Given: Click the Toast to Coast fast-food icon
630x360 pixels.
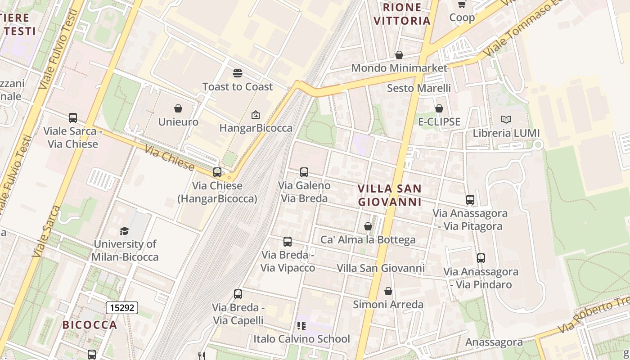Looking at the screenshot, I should pyautogui.click(x=238, y=73).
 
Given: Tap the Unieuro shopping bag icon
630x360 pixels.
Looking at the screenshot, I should pyautogui.click(x=178, y=108).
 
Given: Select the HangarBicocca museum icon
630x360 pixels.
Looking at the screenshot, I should pyautogui.click(x=256, y=115).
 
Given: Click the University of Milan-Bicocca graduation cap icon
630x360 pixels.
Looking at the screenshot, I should pyautogui.click(x=124, y=231).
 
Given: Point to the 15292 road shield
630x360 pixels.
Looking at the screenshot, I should pyautogui.click(x=121, y=308).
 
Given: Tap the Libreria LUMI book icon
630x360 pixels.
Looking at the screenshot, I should pyautogui.click(x=506, y=120).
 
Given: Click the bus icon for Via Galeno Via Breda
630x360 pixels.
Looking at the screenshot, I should pyautogui.click(x=304, y=172).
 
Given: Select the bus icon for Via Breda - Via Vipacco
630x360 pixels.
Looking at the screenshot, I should pyautogui.click(x=288, y=242).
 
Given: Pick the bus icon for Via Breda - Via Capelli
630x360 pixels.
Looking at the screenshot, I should pyautogui.click(x=238, y=294).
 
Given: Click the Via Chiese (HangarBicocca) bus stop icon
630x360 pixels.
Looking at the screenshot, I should pyautogui.click(x=217, y=172).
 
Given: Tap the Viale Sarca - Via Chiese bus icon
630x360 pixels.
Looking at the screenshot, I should pyautogui.click(x=73, y=118).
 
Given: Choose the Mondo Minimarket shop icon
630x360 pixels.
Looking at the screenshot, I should pyautogui.click(x=399, y=55).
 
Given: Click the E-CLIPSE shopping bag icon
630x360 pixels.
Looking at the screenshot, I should pyautogui.click(x=439, y=108).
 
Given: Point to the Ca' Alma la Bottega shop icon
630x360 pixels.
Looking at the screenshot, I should pyautogui.click(x=368, y=226).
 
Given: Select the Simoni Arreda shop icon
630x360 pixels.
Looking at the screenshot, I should pyautogui.click(x=388, y=291).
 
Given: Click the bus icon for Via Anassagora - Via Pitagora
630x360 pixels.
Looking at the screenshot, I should pyautogui.click(x=470, y=200).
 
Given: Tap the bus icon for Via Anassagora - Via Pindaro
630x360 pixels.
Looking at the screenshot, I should pyautogui.click(x=481, y=258).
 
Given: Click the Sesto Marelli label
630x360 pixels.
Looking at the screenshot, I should pyautogui.click(x=419, y=88).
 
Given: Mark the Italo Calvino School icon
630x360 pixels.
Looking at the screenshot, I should pyautogui.click(x=301, y=325).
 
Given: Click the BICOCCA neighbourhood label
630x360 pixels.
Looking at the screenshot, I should pyautogui.click(x=90, y=324).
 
